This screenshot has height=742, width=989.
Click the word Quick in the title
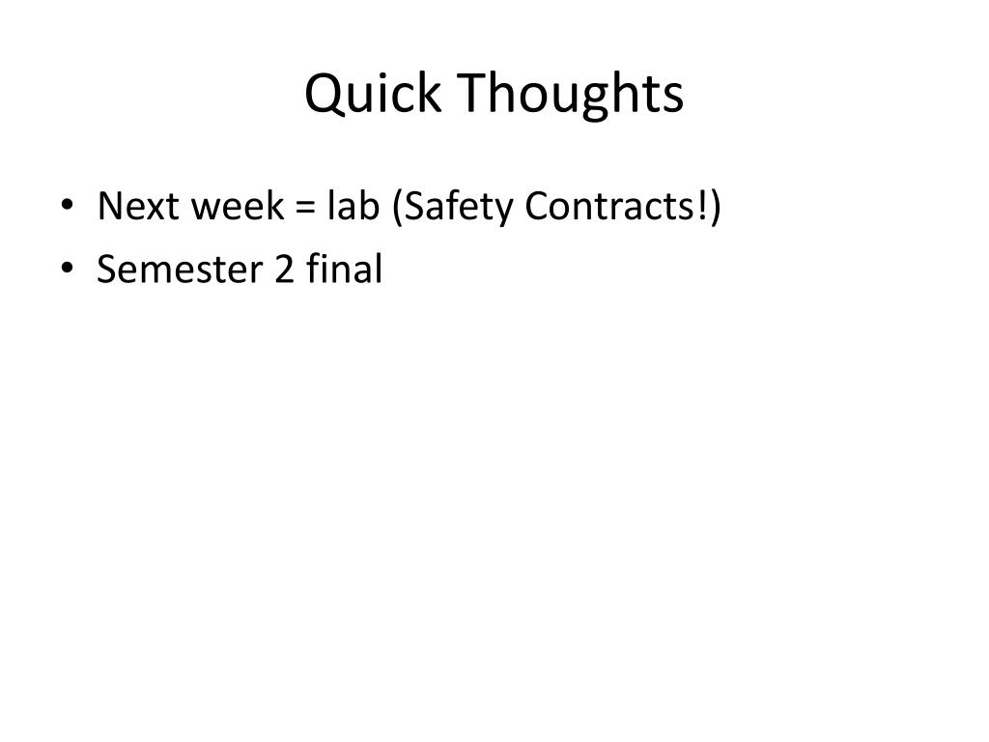click(372, 95)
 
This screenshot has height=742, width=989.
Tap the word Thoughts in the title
click(571, 95)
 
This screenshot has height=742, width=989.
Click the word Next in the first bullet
click(134, 207)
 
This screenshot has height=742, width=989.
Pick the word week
click(224, 207)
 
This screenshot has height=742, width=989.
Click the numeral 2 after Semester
click(284, 270)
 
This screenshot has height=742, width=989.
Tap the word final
click(344, 269)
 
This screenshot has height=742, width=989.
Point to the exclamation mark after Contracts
click(703, 207)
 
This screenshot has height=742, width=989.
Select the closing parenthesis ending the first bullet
click(716, 208)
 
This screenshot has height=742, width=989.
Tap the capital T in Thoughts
click(472, 94)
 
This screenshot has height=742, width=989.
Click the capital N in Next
click(109, 207)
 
